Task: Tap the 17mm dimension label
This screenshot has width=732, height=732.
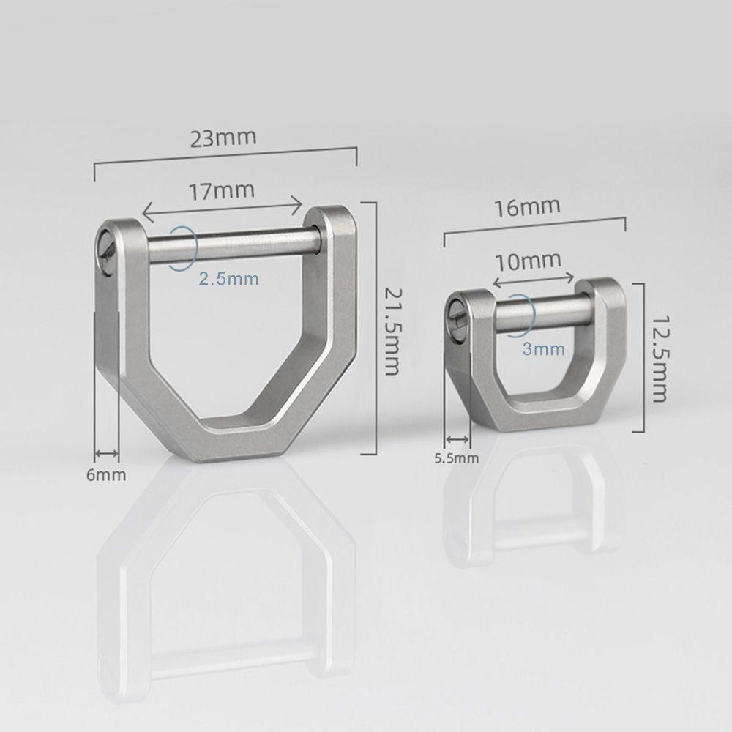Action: click(222, 192)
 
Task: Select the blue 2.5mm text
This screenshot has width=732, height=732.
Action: click(229, 279)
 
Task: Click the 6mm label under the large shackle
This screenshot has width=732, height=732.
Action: click(106, 475)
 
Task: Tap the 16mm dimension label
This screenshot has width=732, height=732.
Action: click(526, 207)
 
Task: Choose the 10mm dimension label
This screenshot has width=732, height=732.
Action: click(527, 260)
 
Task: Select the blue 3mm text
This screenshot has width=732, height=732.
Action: click(544, 350)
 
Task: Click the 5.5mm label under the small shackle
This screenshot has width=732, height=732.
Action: click(456, 459)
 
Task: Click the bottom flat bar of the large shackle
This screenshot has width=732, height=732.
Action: click(235, 444)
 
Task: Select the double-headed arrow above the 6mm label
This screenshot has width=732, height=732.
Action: click(107, 453)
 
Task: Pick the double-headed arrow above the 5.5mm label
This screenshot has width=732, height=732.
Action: click(459, 439)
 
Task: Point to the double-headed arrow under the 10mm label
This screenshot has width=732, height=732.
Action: click(534, 279)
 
